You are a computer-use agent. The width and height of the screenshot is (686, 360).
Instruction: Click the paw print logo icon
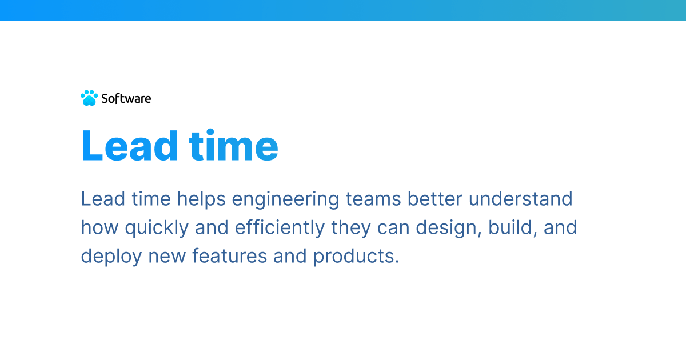[x=89, y=98]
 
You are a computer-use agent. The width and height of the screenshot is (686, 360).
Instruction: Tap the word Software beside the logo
[x=126, y=98]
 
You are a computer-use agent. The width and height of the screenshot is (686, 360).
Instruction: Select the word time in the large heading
[x=234, y=146]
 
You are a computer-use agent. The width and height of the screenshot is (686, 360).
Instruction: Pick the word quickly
[x=157, y=228]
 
